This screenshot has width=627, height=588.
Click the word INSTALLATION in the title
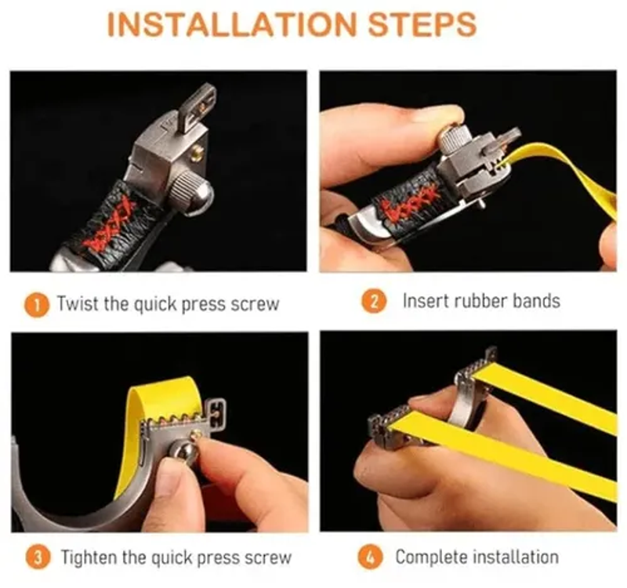pos(231,25)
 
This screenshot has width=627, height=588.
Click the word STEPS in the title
pos(422,25)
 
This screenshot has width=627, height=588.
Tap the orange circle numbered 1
pos(37,306)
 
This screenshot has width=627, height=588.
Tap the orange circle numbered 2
pos(374,301)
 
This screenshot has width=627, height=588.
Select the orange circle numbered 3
pos(38,557)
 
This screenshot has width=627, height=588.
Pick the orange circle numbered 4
pos(370,557)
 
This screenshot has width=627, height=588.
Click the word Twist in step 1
pos(78,303)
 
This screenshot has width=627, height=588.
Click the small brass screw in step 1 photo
pos(197,153)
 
